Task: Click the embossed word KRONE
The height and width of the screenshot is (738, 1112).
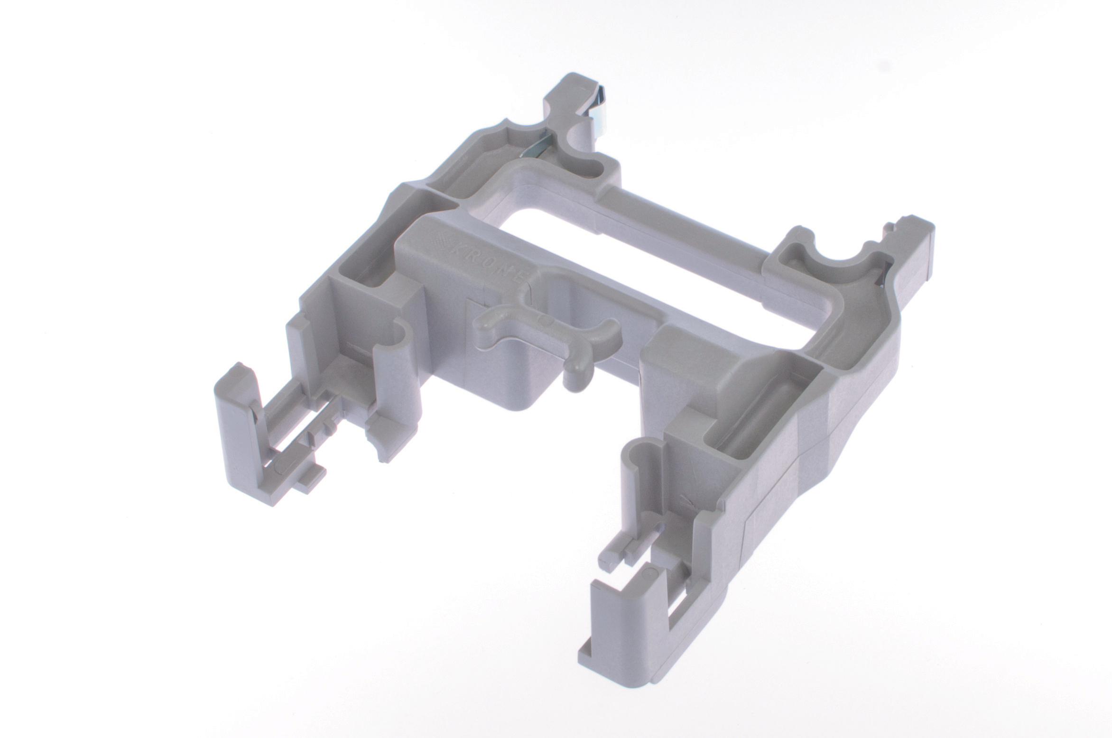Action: point(489,261)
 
